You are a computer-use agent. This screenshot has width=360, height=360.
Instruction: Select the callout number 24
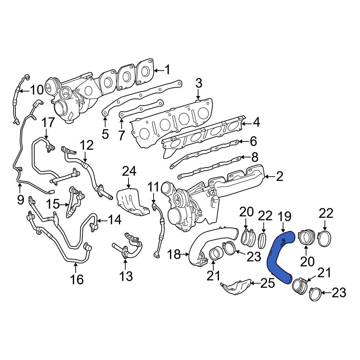[129, 172]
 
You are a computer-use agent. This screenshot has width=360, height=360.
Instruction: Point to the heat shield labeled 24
[131, 202]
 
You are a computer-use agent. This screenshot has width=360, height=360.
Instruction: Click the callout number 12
[86, 146]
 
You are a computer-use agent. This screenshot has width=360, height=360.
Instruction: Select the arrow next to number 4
[246, 123]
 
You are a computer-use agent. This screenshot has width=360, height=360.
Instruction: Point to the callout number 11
[153, 187]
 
